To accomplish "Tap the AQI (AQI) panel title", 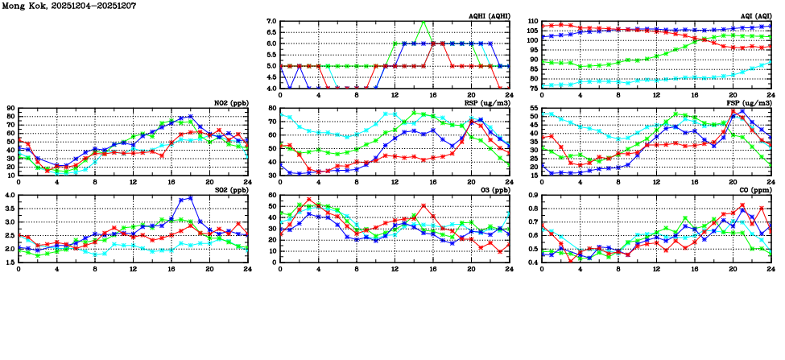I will [x=754, y=15].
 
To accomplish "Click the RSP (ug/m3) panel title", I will [x=487, y=102].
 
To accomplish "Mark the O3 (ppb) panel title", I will [x=492, y=189].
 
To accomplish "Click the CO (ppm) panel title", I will [x=754, y=189].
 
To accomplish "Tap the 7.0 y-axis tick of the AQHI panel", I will [x=271, y=22].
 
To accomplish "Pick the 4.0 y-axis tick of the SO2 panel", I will [x=9, y=196].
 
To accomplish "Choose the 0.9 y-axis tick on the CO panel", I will [x=532, y=196].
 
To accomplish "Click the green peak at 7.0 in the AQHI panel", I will [x=423, y=22].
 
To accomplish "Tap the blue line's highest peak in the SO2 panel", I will [x=191, y=197].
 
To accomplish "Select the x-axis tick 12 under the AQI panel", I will [x=656, y=96].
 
